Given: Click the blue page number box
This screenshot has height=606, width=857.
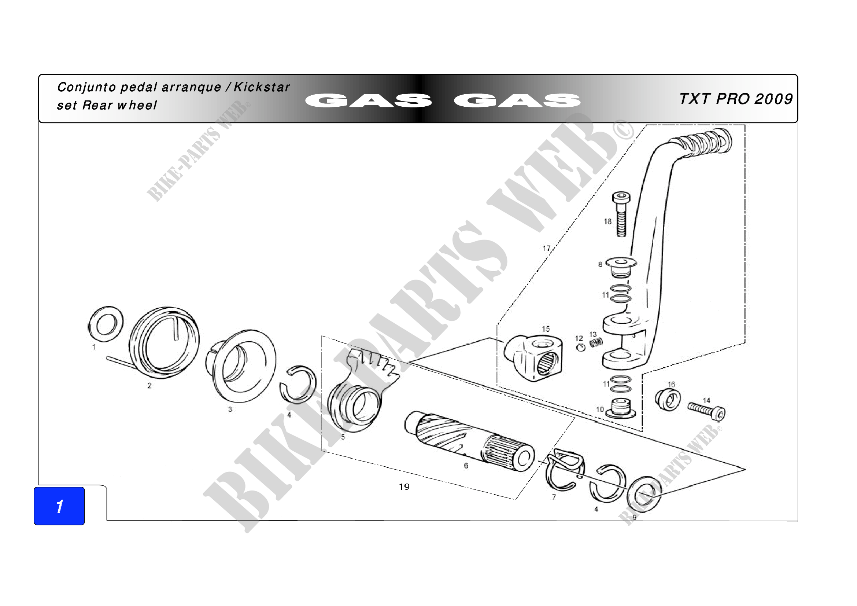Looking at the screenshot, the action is coord(59,506).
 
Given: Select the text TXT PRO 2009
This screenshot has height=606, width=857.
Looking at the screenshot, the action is coord(736,99).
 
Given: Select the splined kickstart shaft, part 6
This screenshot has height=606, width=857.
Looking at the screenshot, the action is coord(469,441).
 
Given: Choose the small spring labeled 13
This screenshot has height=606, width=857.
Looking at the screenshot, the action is coord(596,342).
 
